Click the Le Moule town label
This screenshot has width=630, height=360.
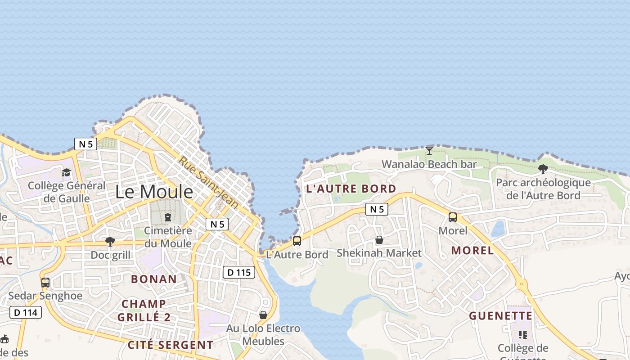tap(154, 192)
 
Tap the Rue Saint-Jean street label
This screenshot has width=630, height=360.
tap(208, 182)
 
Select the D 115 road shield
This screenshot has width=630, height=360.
tap(238, 272)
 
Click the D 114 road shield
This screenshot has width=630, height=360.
tap(26, 312)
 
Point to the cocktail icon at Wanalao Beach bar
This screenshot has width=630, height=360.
tap(429, 150)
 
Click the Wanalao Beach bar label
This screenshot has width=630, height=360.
tap(429, 164)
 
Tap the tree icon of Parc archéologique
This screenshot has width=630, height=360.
tap(543, 169)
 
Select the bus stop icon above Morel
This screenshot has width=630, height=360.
tap(453, 217)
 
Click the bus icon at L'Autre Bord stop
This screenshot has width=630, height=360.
tap(297, 241)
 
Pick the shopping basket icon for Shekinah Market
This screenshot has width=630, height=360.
tap(379, 240)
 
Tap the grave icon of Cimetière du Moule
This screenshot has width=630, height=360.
tap(168, 217)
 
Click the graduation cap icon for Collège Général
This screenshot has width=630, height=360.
tap(67, 172)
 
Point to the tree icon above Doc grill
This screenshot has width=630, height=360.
tap(110, 242)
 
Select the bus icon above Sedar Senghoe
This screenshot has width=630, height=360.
tap(45, 283)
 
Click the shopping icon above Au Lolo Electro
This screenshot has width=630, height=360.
tap(263, 315)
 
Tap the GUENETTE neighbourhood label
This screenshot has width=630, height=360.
tap(500, 316)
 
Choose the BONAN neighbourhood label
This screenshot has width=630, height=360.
tap(154, 279)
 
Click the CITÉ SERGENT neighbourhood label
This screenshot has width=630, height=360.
tap(171, 345)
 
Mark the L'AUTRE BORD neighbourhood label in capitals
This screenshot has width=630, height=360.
tap(351, 189)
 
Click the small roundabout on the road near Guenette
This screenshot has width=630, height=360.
tap(522, 284)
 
